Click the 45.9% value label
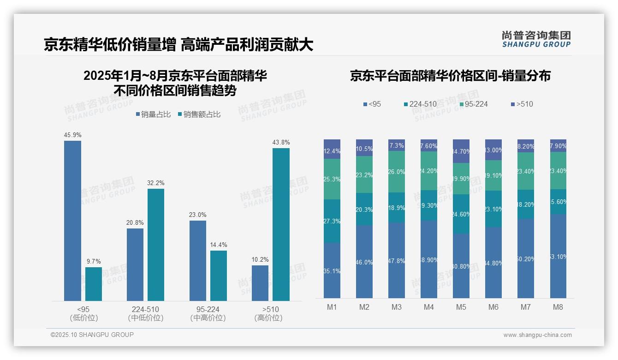point(72,135)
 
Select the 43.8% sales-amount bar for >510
point(281,224)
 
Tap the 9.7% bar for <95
point(93,284)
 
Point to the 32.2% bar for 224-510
point(156,245)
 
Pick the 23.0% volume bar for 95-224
point(197,261)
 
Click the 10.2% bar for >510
point(260,283)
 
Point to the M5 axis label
point(461,307)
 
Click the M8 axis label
point(558,307)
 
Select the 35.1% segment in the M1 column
point(332,270)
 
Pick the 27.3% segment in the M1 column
point(332,221)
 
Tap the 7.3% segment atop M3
point(397,145)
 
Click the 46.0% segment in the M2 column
point(364,262)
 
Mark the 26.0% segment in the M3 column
point(397,172)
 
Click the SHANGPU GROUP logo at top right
point(536,39)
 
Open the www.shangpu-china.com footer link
point(537,335)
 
